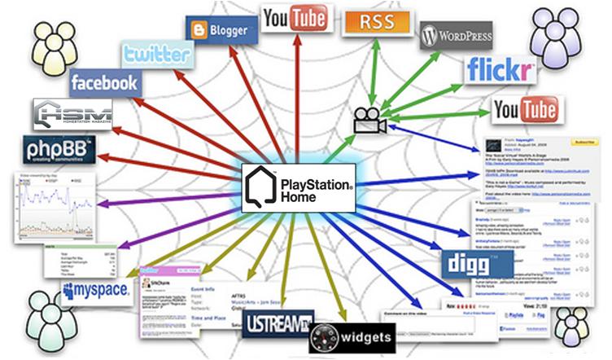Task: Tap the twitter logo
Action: tap(157, 55)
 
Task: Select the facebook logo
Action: tap(104, 82)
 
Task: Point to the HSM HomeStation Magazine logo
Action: tap(72, 114)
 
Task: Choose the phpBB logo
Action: tap(59, 151)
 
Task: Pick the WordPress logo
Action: tap(456, 37)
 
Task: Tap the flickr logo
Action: tap(502, 71)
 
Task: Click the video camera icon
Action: tap(368, 121)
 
